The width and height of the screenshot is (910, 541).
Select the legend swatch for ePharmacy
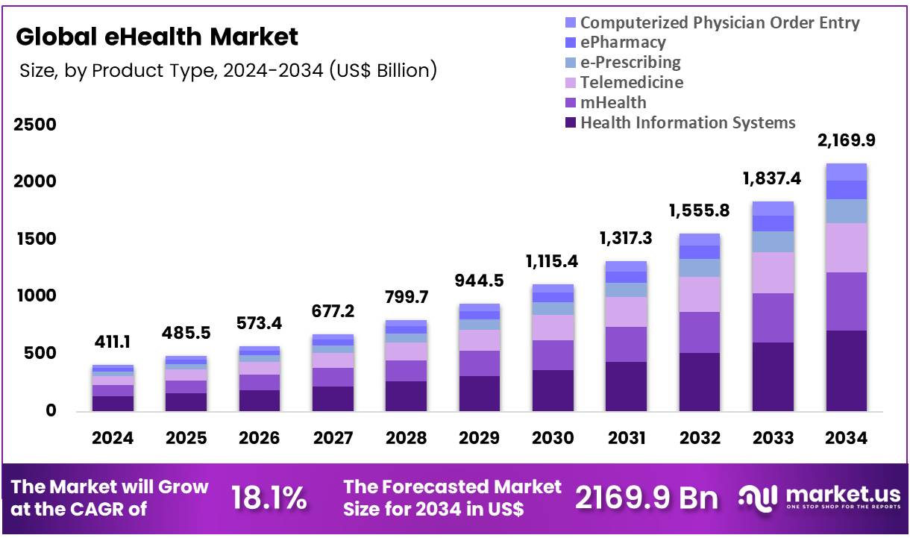(571, 43)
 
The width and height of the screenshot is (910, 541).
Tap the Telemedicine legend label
(631, 82)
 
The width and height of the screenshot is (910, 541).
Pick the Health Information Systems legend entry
(687, 122)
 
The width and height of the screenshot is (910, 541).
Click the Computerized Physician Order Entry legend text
(720, 22)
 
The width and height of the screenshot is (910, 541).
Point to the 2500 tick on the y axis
(35, 125)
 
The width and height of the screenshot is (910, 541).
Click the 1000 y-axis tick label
(35, 296)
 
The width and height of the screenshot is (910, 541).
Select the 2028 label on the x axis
(406, 438)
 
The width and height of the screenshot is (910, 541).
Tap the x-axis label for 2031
(626, 438)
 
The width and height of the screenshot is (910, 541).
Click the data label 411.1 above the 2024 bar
(113, 343)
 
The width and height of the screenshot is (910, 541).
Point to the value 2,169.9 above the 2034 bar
(847, 140)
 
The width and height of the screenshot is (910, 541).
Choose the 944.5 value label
(479, 281)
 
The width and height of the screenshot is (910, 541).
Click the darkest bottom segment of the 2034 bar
(846, 370)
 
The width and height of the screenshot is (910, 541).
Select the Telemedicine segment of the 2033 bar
(773, 272)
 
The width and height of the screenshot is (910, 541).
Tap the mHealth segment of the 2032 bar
(699, 332)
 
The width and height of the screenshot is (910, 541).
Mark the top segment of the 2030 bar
(553, 288)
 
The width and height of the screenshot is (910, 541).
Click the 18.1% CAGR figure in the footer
(269, 498)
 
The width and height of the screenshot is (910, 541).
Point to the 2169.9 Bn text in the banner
(646, 498)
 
